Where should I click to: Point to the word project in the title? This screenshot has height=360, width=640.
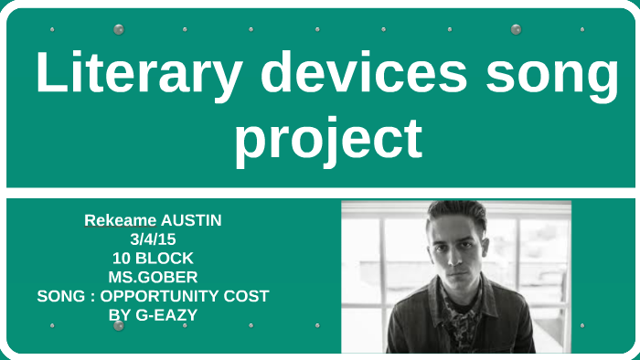[328, 140]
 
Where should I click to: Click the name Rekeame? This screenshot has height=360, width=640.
[120, 220]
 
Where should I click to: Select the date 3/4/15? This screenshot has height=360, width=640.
[153, 239]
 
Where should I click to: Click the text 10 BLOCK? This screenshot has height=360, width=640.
[153, 259]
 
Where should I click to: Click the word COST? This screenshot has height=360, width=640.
[249, 296]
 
